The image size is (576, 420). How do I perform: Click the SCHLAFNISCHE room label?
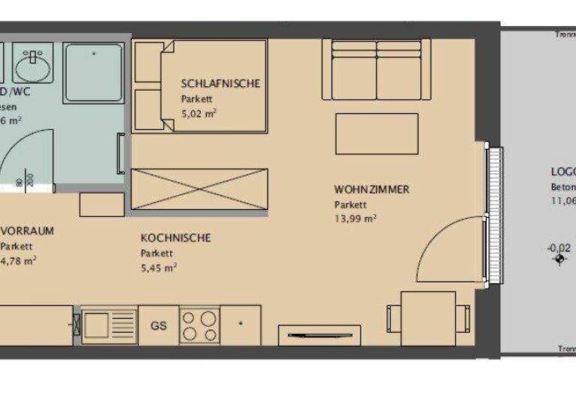[x=220, y=83]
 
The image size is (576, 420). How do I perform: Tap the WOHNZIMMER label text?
[x=372, y=190]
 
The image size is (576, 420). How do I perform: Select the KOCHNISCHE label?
[x=175, y=238]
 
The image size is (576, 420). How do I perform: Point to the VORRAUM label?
[x=28, y=231]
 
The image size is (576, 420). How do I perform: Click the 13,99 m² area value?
[x=355, y=219]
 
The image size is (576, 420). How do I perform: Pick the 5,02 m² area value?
[x=199, y=114]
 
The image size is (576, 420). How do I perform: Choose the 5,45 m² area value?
[x=158, y=267]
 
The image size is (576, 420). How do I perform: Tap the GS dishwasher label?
[x=158, y=325]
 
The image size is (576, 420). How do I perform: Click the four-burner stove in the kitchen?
[x=199, y=325]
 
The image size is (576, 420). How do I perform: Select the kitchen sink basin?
[x=100, y=325]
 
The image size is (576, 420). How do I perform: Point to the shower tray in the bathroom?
[x=94, y=73]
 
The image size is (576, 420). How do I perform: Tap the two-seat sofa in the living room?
[x=377, y=69]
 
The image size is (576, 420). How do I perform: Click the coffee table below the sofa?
[x=376, y=133]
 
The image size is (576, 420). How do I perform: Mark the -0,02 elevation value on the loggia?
[x=559, y=247]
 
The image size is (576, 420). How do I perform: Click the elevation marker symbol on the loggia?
[x=559, y=260]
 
